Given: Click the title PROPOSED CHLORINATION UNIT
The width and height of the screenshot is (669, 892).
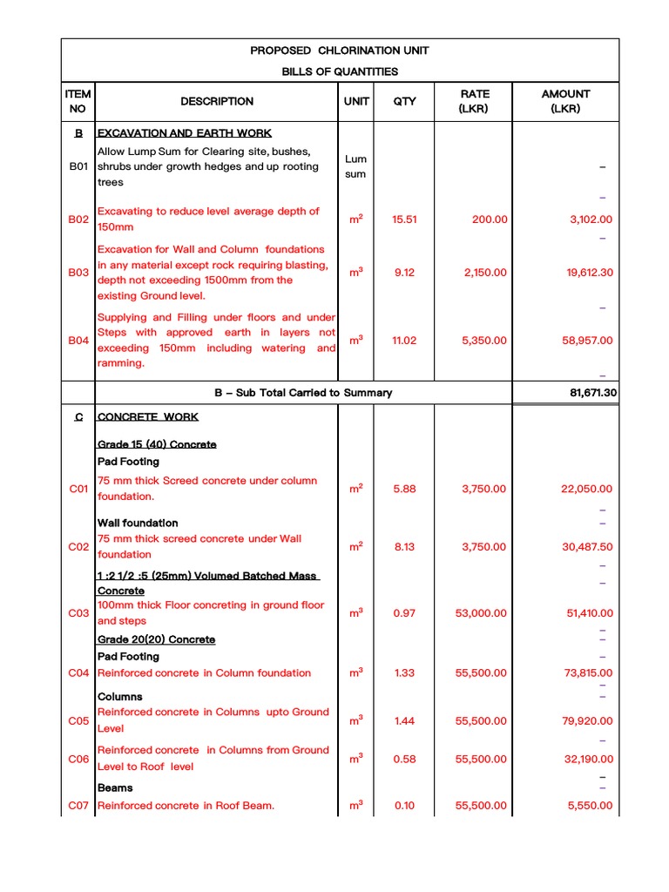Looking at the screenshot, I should click(339, 51).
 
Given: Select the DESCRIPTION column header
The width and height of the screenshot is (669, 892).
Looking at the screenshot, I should click(217, 101).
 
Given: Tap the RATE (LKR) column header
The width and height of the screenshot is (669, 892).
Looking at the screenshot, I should click(475, 101).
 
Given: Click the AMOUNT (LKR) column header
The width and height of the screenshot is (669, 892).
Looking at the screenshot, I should click(565, 101).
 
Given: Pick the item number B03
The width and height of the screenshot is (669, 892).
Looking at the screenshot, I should click(78, 273).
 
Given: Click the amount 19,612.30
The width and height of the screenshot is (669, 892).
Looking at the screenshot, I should click(590, 273).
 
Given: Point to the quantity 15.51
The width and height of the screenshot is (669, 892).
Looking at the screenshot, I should click(404, 220).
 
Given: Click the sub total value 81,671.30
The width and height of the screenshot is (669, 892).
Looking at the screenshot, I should click(593, 393).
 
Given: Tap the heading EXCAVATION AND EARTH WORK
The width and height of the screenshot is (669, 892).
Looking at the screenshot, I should click(185, 133).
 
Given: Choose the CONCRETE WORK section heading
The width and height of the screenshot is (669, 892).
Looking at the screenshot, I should click(148, 417).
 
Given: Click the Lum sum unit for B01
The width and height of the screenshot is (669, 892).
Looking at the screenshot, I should click(355, 166).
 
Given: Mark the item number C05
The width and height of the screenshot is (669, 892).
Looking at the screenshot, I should click(78, 720).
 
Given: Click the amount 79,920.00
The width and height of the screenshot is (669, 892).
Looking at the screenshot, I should click(588, 720).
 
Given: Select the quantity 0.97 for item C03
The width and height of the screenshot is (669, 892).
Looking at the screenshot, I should click(404, 613).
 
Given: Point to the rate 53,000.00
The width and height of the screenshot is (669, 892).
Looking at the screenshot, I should click(480, 613).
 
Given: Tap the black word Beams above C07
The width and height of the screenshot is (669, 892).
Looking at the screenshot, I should click(115, 787).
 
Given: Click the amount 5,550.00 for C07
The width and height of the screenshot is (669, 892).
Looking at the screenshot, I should click(590, 806).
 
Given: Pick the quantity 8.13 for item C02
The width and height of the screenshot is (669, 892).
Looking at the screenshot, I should click(404, 547).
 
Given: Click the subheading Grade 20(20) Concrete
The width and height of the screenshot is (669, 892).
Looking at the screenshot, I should click(156, 639).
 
